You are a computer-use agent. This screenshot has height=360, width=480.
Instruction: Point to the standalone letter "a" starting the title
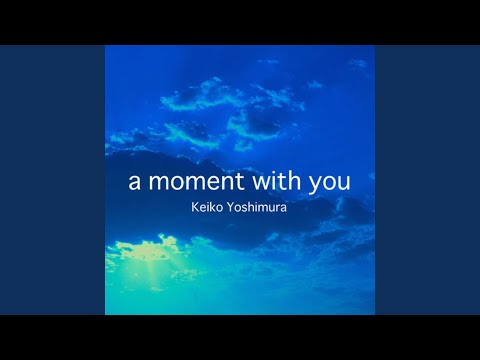point(134,184)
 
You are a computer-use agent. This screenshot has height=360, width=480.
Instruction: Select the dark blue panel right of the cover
point(427,180)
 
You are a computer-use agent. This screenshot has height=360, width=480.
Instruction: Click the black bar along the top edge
point(240,21)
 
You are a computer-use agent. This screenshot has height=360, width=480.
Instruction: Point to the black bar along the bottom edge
point(240,338)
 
